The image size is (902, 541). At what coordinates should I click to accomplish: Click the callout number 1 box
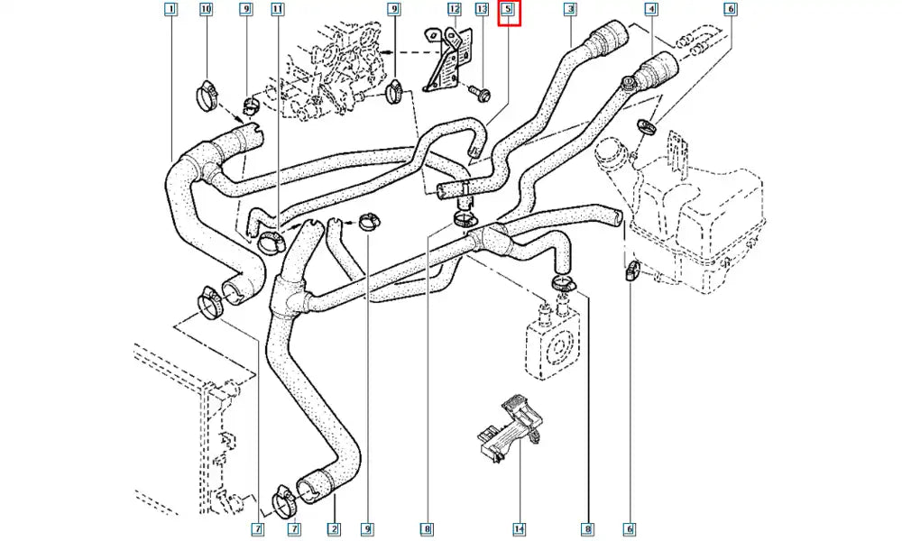click(171, 10)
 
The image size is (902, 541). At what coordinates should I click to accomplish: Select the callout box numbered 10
click(206, 10)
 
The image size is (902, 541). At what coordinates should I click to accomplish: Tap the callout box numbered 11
click(277, 10)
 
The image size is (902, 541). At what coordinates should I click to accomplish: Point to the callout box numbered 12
click(455, 10)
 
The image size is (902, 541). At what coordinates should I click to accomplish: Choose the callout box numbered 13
click(482, 10)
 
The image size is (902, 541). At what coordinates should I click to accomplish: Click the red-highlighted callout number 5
click(510, 11)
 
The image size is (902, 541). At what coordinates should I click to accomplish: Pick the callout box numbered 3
click(570, 10)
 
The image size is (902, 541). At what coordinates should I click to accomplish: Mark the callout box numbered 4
click(650, 10)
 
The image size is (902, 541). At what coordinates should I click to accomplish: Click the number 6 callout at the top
click(731, 10)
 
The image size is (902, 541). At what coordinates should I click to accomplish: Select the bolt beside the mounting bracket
click(477, 90)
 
